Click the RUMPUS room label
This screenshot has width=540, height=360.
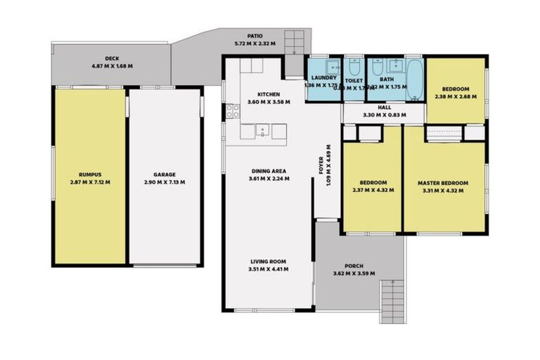[x=90, y=174]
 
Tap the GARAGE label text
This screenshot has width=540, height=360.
[x=165, y=174]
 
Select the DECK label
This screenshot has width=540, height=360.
[x=112, y=58]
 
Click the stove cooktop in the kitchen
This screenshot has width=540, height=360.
[x=232, y=111]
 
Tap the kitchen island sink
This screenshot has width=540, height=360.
[x=262, y=129]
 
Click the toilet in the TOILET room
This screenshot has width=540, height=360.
[x=352, y=66]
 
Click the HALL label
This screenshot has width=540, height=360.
[x=384, y=108]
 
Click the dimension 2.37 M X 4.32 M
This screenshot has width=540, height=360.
[x=373, y=189]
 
